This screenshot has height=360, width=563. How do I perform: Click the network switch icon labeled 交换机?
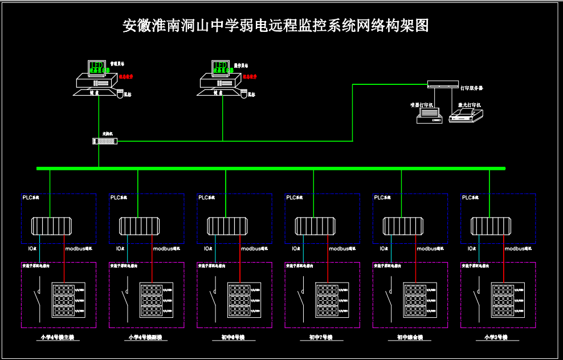pyautogui.click(x=104, y=141)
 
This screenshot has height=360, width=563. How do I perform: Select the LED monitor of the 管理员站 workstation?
pyautogui.click(x=97, y=68)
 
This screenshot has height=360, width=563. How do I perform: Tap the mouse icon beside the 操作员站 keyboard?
pyautogui.click(x=244, y=94)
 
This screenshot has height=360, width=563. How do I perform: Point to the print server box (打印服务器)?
pyautogui.click(x=443, y=84)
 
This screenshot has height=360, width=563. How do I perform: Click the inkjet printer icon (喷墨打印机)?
pyautogui.click(x=429, y=116)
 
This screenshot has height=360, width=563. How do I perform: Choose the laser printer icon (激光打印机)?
pyautogui.click(x=466, y=116)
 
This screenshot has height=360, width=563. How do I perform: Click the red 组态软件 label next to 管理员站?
pyautogui.click(x=126, y=76)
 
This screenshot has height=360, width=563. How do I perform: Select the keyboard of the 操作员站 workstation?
pyautogui.click(x=218, y=92)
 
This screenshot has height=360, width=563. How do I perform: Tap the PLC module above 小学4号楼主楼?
pyautogui.click(x=51, y=226)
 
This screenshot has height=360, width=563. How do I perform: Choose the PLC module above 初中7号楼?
pyautogui.click(x=315, y=226)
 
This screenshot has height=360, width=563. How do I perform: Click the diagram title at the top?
pyautogui.click(x=275, y=26)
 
